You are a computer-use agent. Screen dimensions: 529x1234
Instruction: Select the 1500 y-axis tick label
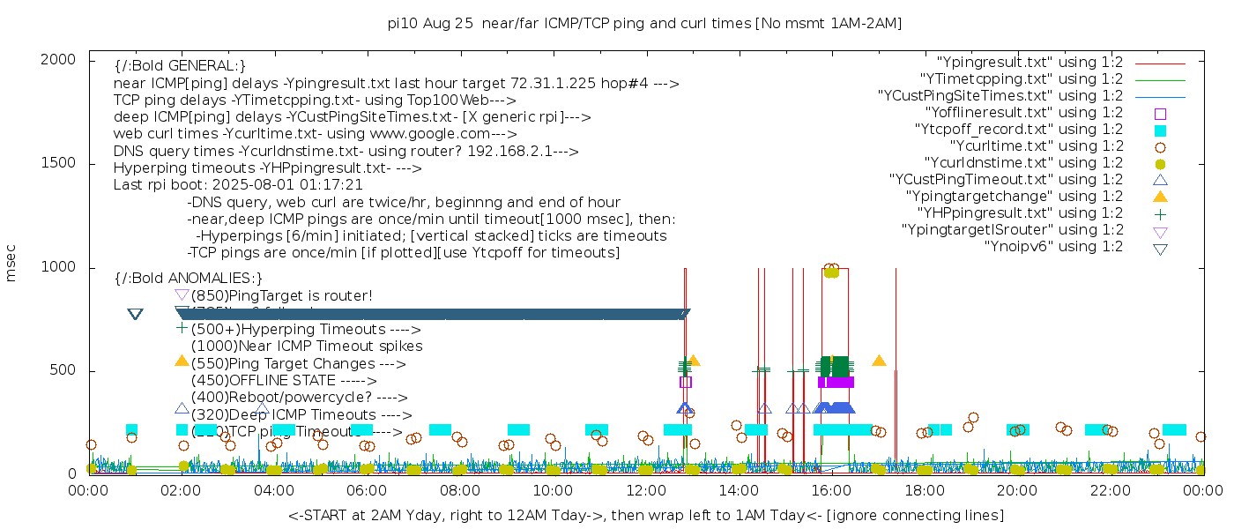[x=66, y=163]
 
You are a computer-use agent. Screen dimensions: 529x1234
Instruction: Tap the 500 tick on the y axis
[x=71, y=370]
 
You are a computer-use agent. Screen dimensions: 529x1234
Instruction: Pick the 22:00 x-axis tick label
[x=1107, y=489]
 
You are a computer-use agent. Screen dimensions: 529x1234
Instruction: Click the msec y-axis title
[x=11, y=266]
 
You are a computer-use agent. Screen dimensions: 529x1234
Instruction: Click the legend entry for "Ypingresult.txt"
[x=1030, y=63]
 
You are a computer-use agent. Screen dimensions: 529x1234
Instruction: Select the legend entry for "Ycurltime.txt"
[x=1036, y=146]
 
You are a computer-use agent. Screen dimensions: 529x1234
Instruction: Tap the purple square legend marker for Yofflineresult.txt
[x=1160, y=114]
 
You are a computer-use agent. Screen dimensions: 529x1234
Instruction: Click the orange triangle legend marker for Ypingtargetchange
[x=1160, y=197]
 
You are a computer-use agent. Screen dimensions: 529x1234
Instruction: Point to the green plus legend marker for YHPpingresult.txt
[x=1160, y=213]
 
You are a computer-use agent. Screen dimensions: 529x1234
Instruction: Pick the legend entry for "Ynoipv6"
[x=1053, y=247]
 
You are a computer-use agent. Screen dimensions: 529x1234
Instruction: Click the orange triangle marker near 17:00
[x=879, y=360]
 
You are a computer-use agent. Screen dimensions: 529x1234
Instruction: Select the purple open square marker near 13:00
[x=686, y=382]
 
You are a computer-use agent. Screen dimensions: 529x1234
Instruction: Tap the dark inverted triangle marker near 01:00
[x=135, y=315]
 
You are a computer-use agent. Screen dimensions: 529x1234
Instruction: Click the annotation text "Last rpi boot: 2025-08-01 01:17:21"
[x=238, y=185]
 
